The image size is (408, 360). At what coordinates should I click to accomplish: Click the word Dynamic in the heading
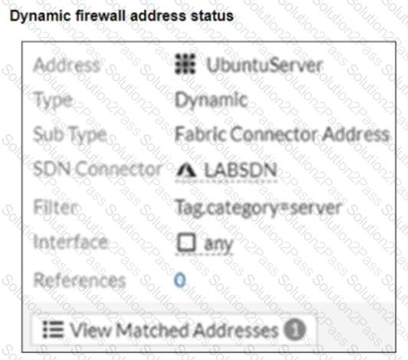(x=41, y=16)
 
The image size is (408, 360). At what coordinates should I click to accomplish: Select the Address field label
(x=67, y=65)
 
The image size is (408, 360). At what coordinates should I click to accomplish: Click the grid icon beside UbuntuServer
(x=185, y=64)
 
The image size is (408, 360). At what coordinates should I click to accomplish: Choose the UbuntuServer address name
(x=265, y=65)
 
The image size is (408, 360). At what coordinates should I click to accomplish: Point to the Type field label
(x=53, y=101)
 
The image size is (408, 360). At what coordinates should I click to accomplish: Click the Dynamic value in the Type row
(x=211, y=100)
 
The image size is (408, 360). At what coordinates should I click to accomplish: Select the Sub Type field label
(x=71, y=134)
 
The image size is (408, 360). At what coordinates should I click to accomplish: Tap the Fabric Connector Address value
(x=282, y=134)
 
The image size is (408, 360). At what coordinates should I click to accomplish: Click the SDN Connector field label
(x=97, y=169)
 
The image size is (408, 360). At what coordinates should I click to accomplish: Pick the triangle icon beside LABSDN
(x=186, y=170)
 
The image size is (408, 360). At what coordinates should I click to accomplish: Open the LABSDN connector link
(x=240, y=170)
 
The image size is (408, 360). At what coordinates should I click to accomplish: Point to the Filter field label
(x=56, y=207)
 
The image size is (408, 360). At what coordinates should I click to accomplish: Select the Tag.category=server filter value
(x=258, y=208)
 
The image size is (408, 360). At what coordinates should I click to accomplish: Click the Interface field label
(x=71, y=242)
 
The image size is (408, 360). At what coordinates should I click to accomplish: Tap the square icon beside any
(x=186, y=242)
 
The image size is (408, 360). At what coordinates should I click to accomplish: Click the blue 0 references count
(x=180, y=280)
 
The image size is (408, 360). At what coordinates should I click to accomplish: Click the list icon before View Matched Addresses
(x=53, y=329)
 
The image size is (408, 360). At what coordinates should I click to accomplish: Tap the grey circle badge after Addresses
(x=294, y=330)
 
